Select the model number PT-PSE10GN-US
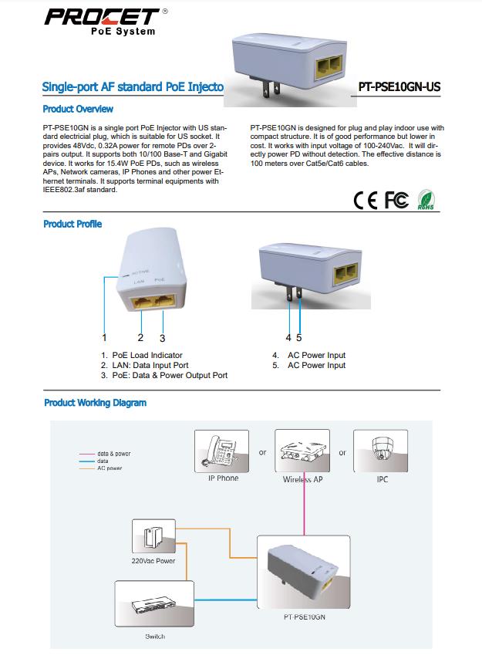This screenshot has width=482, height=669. tap(399, 87)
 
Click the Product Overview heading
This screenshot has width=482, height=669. tap(78, 109)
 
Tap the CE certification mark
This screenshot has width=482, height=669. tap(366, 200)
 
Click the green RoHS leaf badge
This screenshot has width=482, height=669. tap(426, 199)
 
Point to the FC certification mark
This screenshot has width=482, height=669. tap(396, 200)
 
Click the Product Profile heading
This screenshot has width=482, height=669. tap(72, 224)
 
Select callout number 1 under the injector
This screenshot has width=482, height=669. tap(104, 337)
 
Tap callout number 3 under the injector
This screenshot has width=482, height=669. tap(163, 337)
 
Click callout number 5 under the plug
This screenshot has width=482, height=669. tap(298, 337)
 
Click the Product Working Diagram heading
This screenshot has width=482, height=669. tap(95, 403)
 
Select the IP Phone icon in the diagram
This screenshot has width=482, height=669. tap(223, 451)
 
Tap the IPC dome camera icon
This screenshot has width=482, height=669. tap(382, 451)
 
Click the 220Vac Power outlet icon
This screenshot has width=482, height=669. tap(153, 537)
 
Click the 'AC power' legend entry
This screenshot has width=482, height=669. tap(110, 468)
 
